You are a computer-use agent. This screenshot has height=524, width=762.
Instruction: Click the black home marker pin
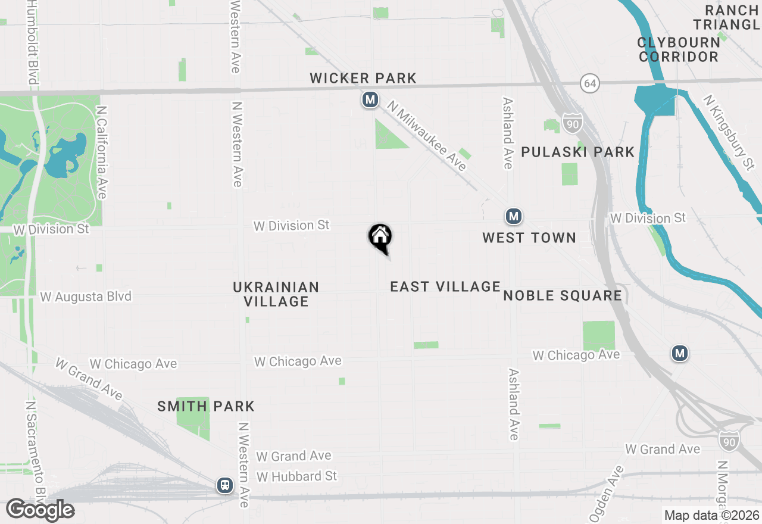[380, 237]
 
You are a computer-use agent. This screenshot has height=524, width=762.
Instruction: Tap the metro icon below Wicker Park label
[370, 99]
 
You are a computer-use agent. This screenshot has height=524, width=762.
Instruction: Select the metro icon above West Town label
[514, 216]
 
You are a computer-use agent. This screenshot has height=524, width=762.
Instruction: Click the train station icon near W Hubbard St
[225, 485]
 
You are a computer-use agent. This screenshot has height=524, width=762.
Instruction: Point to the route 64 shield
[590, 84]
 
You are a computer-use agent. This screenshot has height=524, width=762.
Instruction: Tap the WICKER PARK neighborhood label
[363, 78]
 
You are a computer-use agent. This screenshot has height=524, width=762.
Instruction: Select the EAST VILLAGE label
[445, 286]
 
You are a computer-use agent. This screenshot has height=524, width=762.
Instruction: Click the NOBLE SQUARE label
[563, 295]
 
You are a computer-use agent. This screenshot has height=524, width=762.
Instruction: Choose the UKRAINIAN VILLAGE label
[276, 294]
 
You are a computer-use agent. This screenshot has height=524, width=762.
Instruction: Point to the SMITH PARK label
[206, 407]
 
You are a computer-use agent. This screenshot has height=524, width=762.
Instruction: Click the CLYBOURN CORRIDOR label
[678, 49]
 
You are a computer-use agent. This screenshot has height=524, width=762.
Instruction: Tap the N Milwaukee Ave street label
[427, 136]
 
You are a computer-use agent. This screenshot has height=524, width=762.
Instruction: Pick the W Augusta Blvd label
[86, 297]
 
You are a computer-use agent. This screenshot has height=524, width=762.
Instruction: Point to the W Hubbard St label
[296, 476]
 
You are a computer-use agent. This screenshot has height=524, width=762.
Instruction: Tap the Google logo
[39, 510]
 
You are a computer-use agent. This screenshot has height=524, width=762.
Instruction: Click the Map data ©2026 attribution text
[711, 516]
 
